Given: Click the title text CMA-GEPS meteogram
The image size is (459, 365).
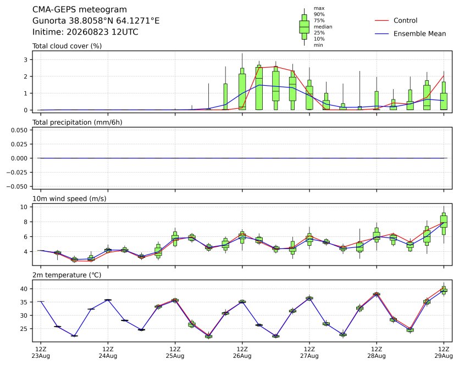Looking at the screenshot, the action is [x=80, y=10].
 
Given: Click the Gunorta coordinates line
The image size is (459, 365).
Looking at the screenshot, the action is [x=96, y=21].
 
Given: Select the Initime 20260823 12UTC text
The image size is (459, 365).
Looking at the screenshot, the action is [x=85, y=32].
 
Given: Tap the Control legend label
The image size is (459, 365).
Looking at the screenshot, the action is [x=406, y=20].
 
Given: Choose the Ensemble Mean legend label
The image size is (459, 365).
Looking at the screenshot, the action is [x=420, y=34].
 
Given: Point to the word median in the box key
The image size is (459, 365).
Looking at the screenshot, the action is [x=323, y=26].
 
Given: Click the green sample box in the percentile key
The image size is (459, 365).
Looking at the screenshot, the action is [x=305, y=27].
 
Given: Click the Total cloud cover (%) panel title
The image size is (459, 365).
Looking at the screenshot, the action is [x=67, y=46].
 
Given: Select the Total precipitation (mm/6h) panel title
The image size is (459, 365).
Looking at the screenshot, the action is [x=78, y=123].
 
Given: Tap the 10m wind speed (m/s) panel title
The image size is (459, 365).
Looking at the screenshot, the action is [x=69, y=199].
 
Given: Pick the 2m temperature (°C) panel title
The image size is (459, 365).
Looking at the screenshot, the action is [x=67, y=275].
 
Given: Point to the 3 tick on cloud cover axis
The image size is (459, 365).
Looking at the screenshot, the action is [x=26, y=60].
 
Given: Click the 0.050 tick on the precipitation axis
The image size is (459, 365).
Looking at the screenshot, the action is [x=19, y=130].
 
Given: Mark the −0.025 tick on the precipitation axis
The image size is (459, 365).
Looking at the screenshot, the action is [x=17, y=173].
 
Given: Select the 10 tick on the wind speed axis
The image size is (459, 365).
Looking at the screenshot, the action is [x=24, y=207].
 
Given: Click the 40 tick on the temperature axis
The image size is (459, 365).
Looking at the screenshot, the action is [x=24, y=289].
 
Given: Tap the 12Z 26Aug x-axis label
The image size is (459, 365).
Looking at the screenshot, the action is [x=242, y=352].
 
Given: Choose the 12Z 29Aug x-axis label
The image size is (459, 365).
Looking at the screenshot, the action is [x=444, y=352].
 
